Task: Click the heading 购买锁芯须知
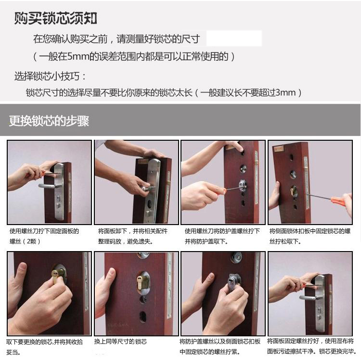click(x=55, y=18)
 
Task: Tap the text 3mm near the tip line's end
click(x=285, y=93)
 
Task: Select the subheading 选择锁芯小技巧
click(x=47, y=76)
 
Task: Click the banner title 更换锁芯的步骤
click(x=49, y=120)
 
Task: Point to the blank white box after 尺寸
click(x=234, y=38)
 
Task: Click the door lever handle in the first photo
click(x=48, y=186)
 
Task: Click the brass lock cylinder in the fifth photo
click(x=56, y=276)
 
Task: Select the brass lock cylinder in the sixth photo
click(x=140, y=282)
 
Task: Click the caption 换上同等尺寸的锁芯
click(x=120, y=341)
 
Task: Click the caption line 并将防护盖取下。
click(x=206, y=241)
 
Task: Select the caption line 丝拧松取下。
click(x=285, y=241)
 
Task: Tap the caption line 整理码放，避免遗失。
click(x=126, y=241)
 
